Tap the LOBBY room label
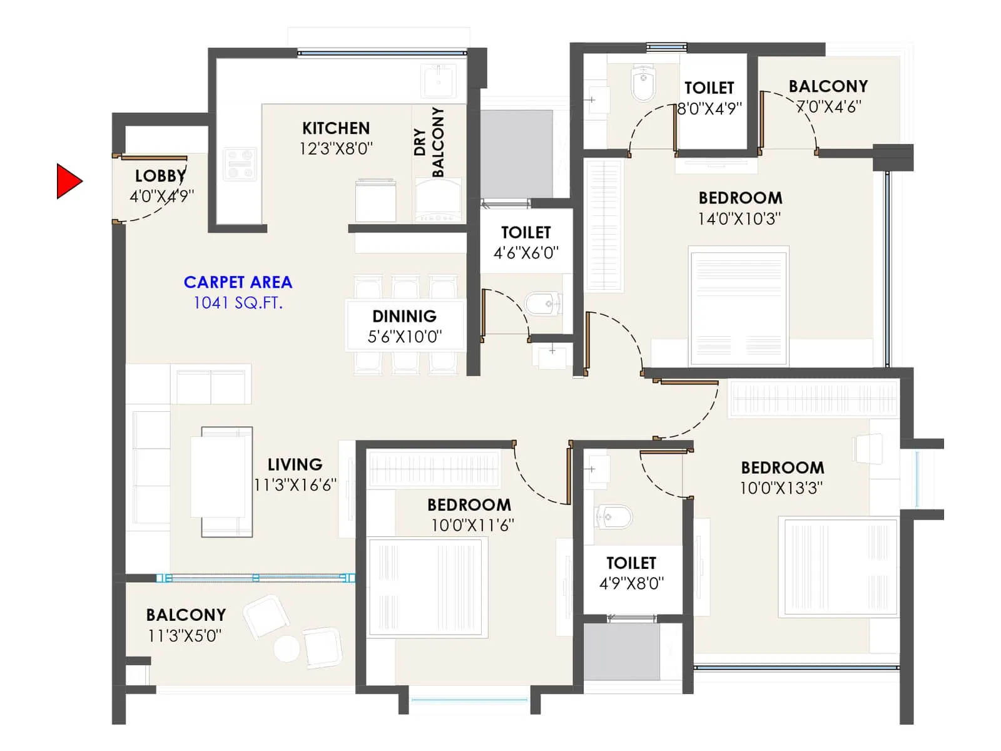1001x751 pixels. point(160,176)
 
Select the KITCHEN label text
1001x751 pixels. point(336,128)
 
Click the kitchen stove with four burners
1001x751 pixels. point(240,164)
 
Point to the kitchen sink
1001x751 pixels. point(438,81)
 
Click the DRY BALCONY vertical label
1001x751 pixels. point(429,142)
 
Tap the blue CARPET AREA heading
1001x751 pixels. point(238,282)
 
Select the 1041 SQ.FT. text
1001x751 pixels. point(238,303)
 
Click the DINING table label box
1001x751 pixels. point(405,325)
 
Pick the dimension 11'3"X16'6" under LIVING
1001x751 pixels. point(295,485)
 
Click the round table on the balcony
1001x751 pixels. point(287,648)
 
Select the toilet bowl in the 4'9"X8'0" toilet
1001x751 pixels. point(614,516)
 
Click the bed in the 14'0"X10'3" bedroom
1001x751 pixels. point(739,307)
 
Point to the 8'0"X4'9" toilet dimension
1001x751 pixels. point(710,108)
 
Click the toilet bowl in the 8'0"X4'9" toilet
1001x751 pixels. point(643,84)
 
